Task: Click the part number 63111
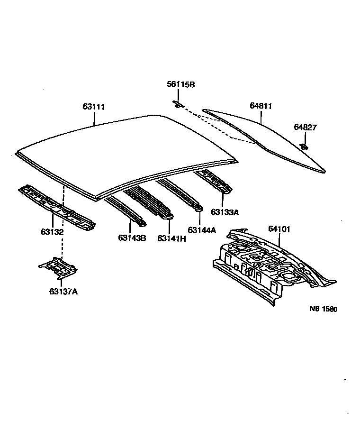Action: click(93, 107)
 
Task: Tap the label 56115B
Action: click(180, 84)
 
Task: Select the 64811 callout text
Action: click(261, 106)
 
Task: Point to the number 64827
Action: click(305, 127)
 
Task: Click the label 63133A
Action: click(225, 212)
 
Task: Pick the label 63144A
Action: click(202, 230)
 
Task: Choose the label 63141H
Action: click(171, 238)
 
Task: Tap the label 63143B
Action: click(132, 238)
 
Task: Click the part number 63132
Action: click(52, 232)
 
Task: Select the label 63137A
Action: click(63, 291)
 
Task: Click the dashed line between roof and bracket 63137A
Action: click(62, 242)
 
